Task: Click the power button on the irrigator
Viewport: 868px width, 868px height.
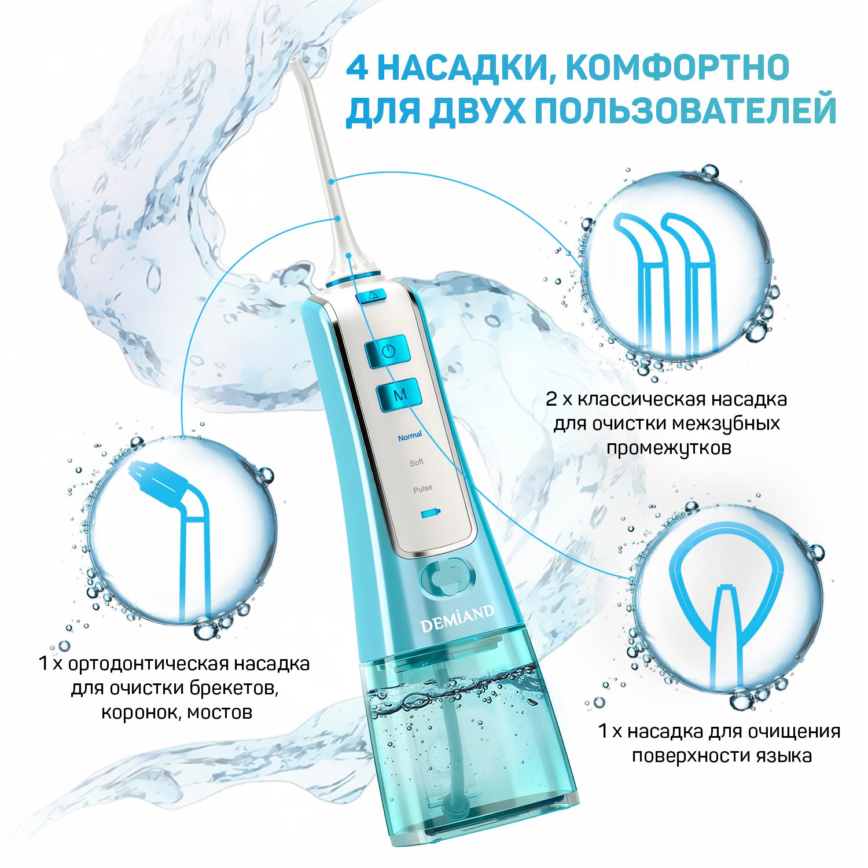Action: coord(388,351)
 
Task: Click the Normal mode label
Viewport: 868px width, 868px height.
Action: coord(410,436)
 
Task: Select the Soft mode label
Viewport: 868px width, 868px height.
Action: coord(417,462)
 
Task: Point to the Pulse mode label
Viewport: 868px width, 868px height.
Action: coord(422,488)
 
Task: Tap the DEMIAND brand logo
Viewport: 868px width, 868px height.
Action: coord(457,618)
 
